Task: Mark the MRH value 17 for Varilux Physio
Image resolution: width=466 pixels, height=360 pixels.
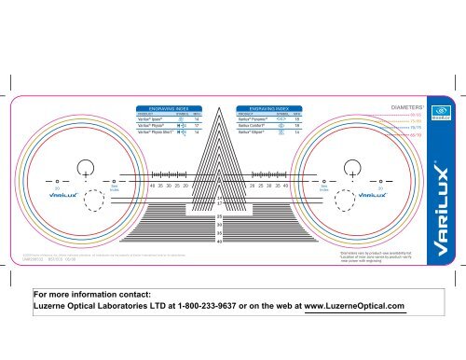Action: coord(201,127)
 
